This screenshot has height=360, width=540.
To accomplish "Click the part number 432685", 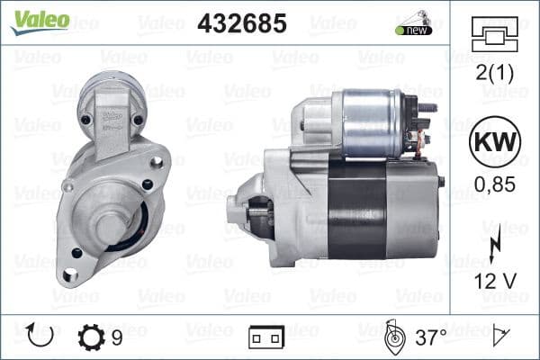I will [x=241, y=22].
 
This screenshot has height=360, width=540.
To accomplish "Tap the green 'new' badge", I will [x=414, y=30].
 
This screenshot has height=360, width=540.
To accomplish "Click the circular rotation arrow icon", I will [x=41, y=337].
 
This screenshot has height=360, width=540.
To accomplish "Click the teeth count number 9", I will [x=117, y=337].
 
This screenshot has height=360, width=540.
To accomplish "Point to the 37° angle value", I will [x=429, y=337].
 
